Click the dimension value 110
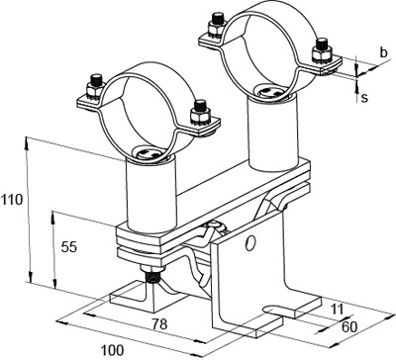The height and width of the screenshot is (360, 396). point(12,200)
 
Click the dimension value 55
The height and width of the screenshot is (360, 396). point(69,247)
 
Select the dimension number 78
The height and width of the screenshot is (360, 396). point(159,324)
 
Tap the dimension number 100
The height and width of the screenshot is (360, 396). point(112,350)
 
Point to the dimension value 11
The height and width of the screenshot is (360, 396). point(337,310)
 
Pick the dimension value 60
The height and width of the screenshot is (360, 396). point(349,326)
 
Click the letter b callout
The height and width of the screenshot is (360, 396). point(383,52)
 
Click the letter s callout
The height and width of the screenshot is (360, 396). point(364,98)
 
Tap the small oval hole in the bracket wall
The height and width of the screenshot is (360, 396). point(250,243)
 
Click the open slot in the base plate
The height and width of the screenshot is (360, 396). point(276,310)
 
